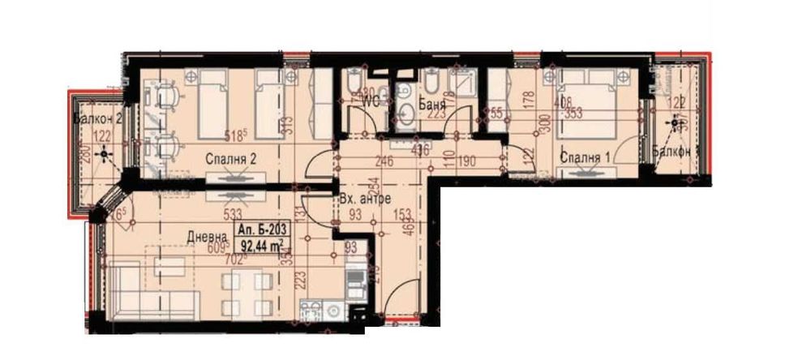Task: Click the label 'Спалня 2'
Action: (x=230, y=160)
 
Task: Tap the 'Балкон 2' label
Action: (x=97, y=119)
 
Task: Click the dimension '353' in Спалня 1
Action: (x=573, y=113)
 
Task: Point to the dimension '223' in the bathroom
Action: (x=436, y=114)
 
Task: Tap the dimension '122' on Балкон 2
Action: (x=101, y=137)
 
